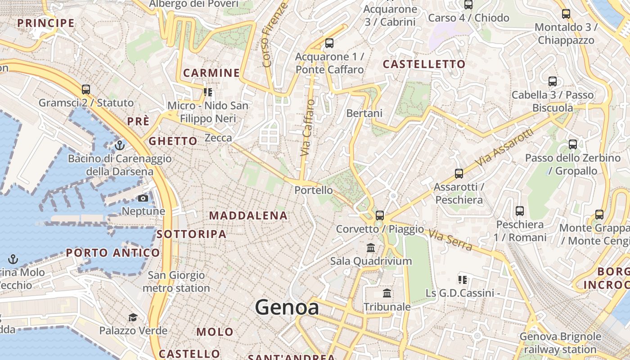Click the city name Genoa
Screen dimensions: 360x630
[x=287, y=307]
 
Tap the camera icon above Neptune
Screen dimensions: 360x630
[x=143, y=198]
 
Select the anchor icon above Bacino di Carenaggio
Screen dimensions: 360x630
[x=119, y=145]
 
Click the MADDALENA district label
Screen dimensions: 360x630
[x=248, y=216]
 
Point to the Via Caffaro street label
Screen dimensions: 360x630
[x=308, y=128]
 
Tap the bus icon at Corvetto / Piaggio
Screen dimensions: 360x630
[x=380, y=216]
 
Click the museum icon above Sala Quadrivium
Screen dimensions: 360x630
[x=371, y=247]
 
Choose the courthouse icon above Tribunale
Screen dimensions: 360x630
[x=387, y=294]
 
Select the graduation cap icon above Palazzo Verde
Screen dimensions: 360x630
[x=133, y=318]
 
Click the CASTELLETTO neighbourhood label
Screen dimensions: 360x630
[x=424, y=64]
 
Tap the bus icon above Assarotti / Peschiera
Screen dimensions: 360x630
[x=459, y=174]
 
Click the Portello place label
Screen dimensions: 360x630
[x=314, y=190]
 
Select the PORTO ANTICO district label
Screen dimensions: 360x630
[x=113, y=253]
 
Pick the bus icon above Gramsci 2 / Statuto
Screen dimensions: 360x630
[x=86, y=90]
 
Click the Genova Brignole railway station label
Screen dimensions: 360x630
[x=560, y=343]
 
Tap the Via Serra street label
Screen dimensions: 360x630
[x=450, y=240]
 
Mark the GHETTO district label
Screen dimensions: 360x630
[x=173, y=141]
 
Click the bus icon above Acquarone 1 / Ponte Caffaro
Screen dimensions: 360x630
[x=329, y=43]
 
